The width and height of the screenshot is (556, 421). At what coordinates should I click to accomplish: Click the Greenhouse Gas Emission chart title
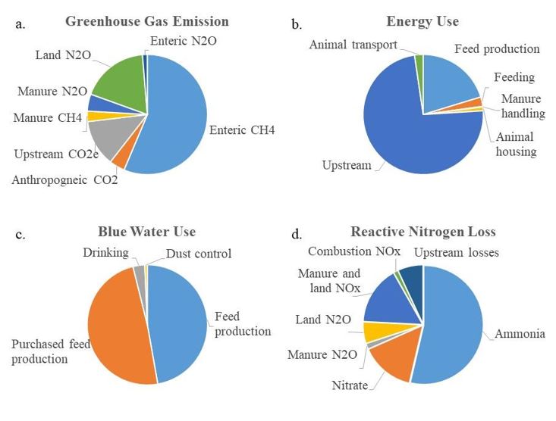click(x=147, y=21)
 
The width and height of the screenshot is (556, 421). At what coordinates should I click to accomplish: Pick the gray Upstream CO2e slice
click(x=107, y=136)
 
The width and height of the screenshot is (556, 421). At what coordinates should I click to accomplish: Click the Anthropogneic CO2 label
click(x=64, y=180)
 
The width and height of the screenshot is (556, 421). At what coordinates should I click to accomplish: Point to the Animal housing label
click(x=515, y=144)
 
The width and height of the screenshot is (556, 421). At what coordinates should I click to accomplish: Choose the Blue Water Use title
click(x=147, y=232)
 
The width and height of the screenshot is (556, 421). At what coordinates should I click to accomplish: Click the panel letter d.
click(x=297, y=235)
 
